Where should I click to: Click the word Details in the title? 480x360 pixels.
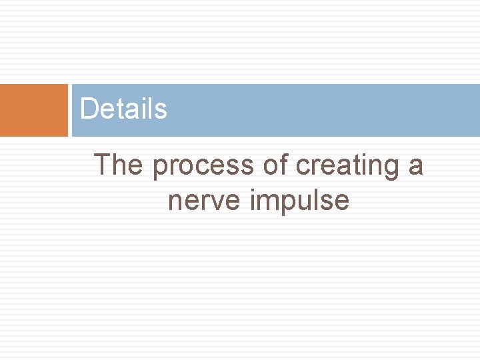pos(123,109)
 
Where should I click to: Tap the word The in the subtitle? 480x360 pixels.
pos(119,165)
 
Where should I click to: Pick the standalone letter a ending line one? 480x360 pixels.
pos(416,166)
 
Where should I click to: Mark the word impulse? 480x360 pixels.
pos(299,200)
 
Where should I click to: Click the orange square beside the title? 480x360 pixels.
pos(33,110)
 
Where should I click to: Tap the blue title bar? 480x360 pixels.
pos(320,110)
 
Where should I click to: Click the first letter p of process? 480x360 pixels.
pos(160,167)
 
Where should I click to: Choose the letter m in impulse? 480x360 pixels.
pos(267,201)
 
